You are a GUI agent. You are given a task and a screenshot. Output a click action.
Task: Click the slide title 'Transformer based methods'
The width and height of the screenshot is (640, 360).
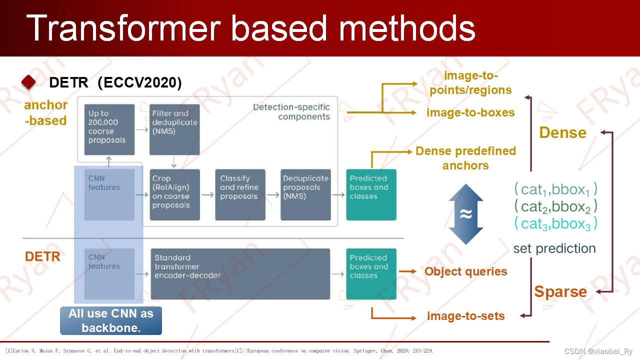[x=250, y=27]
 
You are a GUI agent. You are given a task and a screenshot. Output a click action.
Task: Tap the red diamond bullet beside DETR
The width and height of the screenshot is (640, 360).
[x=29, y=82]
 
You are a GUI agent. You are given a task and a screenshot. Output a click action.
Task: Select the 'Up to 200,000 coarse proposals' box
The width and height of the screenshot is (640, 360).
[x=109, y=129]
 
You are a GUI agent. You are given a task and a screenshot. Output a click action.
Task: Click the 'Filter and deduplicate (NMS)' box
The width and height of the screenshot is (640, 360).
[x=174, y=129]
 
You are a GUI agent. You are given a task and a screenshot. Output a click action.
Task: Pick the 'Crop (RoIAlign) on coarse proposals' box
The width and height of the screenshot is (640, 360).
[x=174, y=194]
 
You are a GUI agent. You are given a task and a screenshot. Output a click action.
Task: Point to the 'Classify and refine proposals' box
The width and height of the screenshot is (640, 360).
[x=240, y=194]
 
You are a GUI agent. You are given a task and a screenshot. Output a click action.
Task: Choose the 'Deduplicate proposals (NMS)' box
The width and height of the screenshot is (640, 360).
[x=305, y=194]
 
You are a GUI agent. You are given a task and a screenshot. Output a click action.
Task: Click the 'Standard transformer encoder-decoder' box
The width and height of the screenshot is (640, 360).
[x=240, y=273]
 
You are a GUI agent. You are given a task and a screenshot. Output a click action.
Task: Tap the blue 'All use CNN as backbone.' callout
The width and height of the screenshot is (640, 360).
[x=111, y=320]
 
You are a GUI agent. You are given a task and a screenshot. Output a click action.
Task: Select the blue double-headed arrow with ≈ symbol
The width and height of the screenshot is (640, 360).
[x=465, y=214]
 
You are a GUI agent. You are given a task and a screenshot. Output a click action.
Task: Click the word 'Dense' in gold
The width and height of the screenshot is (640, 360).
[x=562, y=132]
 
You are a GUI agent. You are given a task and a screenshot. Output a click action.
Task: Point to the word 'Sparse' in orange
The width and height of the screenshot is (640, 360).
[x=560, y=291]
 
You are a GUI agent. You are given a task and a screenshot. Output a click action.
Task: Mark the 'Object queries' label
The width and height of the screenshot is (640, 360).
[x=465, y=271]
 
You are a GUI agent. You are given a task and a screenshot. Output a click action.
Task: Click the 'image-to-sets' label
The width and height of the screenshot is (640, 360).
[x=465, y=316]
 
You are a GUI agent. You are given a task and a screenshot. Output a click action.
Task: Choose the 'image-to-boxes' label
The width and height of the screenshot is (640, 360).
[x=470, y=112]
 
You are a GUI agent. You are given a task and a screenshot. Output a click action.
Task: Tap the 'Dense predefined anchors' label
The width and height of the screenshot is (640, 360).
[x=465, y=158]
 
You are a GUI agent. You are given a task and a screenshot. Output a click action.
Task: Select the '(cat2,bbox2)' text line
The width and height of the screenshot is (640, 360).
[x=555, y=206]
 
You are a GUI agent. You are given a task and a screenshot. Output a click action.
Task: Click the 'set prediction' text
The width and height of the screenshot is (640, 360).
[x=554, y=248]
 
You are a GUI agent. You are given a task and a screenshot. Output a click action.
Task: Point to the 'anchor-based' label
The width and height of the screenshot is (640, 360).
[x=45, y=112]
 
